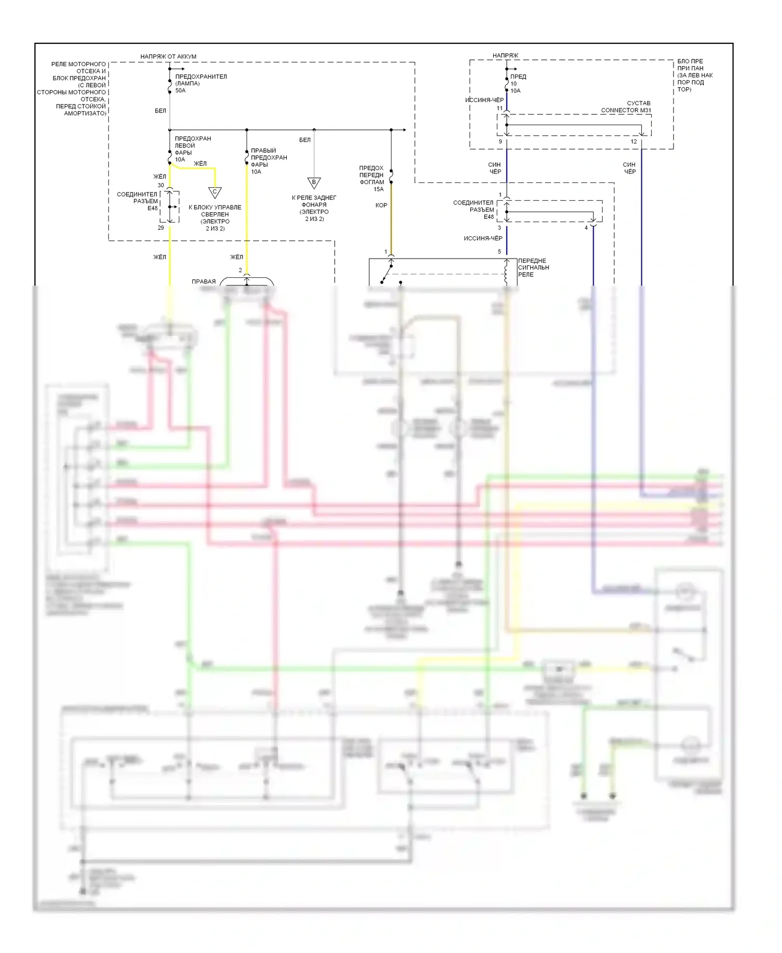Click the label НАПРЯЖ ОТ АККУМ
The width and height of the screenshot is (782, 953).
click(x=168, y=56)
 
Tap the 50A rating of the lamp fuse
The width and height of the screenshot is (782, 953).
click(x=180, y=91)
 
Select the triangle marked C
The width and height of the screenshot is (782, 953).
click(x=214, y=192)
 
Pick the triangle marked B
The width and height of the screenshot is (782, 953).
click(x=314, y=183)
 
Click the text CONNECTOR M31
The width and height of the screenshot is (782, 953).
click(x=626, y=111)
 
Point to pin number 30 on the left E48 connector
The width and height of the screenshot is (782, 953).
click(x=161, y=186)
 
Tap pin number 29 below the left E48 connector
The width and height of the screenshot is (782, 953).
click(x=161, y=228)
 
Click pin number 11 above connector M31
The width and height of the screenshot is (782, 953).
click(x=499, y=108)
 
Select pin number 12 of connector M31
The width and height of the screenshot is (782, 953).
click(x=633, y=142)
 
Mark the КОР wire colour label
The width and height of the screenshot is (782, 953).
click(x=381, y=205)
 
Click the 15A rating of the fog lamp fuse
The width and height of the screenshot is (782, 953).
click(x=378, y=189)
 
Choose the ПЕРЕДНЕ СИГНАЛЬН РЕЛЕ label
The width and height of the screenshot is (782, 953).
click(x=533, y=267)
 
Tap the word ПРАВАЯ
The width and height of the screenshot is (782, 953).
click(x=203, y=282)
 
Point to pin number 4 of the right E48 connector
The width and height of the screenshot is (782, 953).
click(x=586, y=228)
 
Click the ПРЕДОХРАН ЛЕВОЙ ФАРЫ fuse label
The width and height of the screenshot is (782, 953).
click(x=192, y=145)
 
